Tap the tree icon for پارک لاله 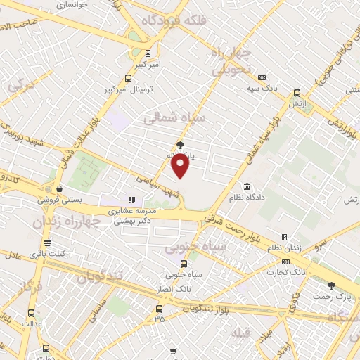(x=181, y=145)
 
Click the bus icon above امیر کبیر (x=147, y=53)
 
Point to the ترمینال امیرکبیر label (x=128, y=89)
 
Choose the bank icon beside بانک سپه (x=262, y=77)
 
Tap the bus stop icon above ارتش (x=297, y=93)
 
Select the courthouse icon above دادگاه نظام (x=247, y=187)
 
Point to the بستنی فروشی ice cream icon (x=60, y=188)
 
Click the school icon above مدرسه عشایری (x=130, y=200)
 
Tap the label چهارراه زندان (x=67, y=221)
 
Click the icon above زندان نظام (x=284, y=238)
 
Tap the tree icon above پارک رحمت (x=331, y=285)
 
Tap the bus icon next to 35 (x=159, y=309)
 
